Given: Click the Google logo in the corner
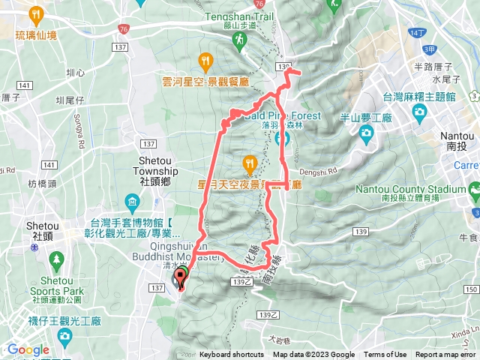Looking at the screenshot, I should [28, 349].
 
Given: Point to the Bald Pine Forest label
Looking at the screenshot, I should [282, 115].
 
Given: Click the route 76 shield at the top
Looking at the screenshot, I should [123, 28].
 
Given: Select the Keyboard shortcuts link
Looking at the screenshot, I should [232, 355].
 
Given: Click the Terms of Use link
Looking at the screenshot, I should [385, 355].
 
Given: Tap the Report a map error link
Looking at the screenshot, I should [445, 355].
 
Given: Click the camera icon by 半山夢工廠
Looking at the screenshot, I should [366, 133].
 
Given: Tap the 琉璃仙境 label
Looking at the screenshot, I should [34, 34].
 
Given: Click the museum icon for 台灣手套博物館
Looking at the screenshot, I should [132, 202].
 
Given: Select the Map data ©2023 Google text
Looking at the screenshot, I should [313, 355].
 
